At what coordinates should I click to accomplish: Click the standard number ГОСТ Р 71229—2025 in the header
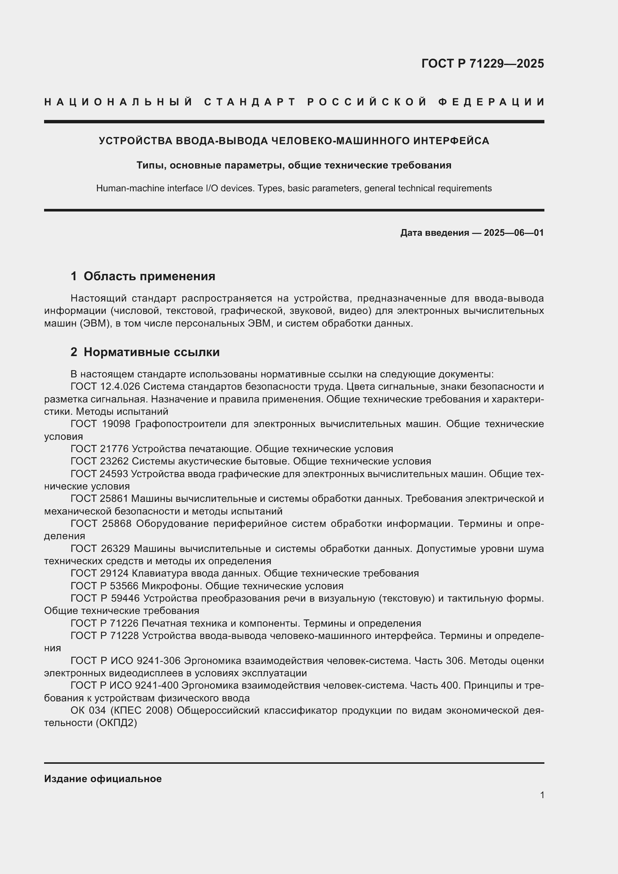point(482,64)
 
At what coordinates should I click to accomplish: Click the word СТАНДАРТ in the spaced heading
point(250,102)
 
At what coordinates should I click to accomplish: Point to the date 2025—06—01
point(514,232)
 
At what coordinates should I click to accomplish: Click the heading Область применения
point(149,276)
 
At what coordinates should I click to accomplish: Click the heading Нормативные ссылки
point(151,352)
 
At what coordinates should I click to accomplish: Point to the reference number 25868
point(117,524)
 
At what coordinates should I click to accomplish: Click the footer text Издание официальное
point(103,779)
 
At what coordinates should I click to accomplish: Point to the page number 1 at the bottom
point(542,795)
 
